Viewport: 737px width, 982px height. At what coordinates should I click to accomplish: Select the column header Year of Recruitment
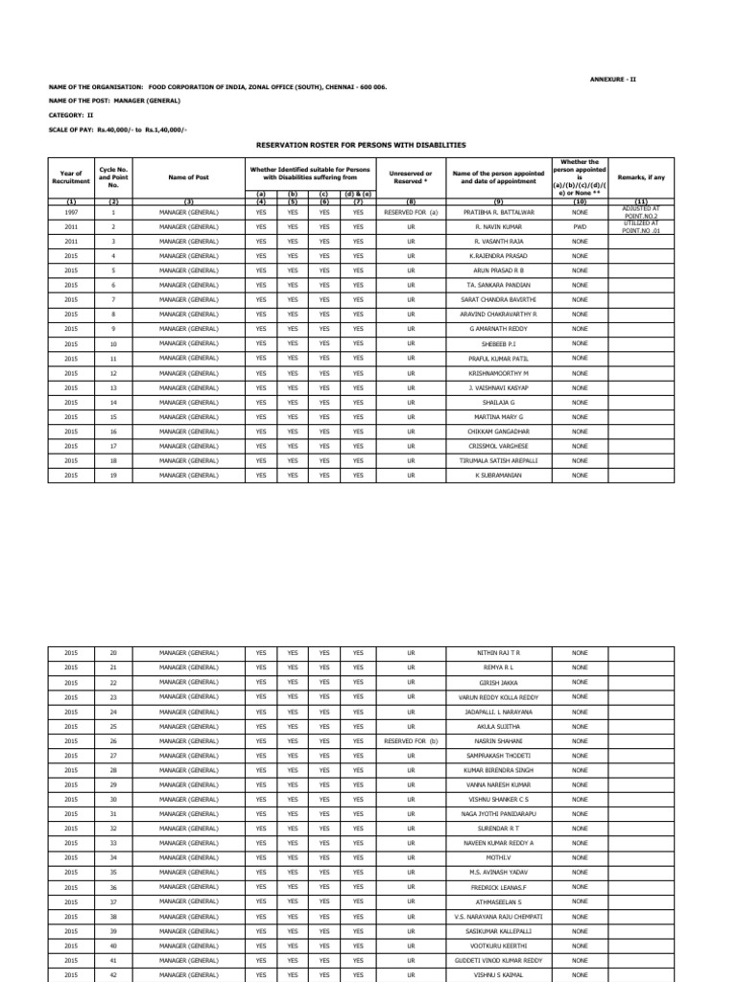(71, 176)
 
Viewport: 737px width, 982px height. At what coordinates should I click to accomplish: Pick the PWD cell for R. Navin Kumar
(580, 226)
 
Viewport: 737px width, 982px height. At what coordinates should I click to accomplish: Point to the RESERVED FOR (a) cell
(411, 211)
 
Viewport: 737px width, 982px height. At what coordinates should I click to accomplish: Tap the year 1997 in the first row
(71, 211)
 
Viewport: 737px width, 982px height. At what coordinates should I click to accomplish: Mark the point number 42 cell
(113, 974)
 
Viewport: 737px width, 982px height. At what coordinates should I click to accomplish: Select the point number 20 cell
(113, 653)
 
